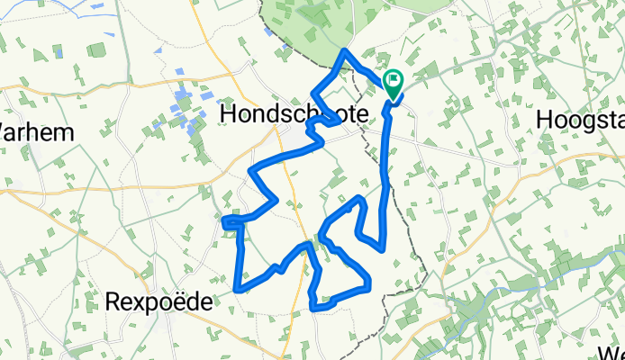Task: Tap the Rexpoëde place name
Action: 160,301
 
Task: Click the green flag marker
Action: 394,84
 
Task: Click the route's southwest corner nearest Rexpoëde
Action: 237,289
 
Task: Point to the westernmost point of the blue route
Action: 222,219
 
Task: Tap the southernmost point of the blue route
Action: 314,308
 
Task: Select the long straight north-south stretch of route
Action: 387,171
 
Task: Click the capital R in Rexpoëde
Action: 114,301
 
